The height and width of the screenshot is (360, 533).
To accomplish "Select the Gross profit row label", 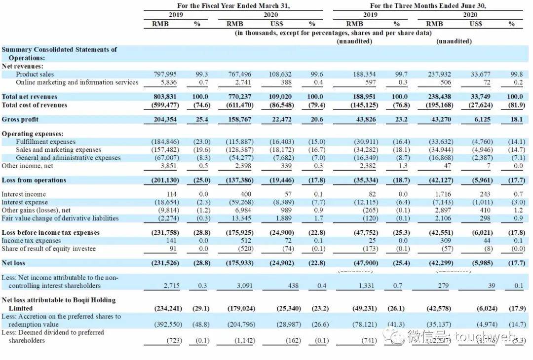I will coord(20,119).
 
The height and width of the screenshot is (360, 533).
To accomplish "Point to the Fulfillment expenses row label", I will coord(46,142).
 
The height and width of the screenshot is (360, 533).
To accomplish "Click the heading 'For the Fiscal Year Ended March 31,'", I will coord(233,6).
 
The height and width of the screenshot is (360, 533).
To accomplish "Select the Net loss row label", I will coord(13,263).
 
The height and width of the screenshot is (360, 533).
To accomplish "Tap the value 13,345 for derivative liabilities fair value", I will coord(243,218).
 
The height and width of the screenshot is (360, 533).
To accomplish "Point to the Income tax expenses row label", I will coord(32,241).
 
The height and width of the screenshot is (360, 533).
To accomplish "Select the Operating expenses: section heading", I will coord(33,134).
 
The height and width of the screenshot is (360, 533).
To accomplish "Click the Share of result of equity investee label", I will coord(48,249).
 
